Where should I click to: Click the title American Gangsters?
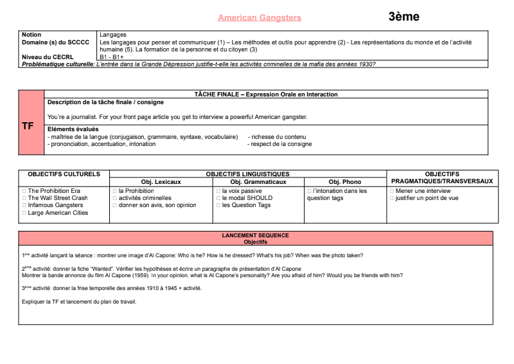pos(260,18)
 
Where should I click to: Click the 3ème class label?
pos(403,17)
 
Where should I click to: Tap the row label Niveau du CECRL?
pos(48,57)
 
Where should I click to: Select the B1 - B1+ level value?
pos(112,57)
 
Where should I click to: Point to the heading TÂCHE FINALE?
pos(266,95)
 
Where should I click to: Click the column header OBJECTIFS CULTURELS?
pos(64,174)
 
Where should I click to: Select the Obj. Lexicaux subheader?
pos(161,182)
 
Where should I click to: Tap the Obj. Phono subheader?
pos(345,182)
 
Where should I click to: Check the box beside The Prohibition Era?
pos(24,191)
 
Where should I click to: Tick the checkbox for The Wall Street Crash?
pos(24,198)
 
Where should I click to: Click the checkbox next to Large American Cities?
pos(24,213)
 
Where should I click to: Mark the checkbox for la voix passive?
pos(218,191)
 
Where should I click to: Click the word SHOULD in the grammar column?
pos(259,198)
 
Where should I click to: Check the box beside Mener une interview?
pos(392,191)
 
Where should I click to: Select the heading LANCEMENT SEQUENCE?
pos(255,235)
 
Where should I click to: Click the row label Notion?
pos(31,35)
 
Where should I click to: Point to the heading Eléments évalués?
pos(73,129)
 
